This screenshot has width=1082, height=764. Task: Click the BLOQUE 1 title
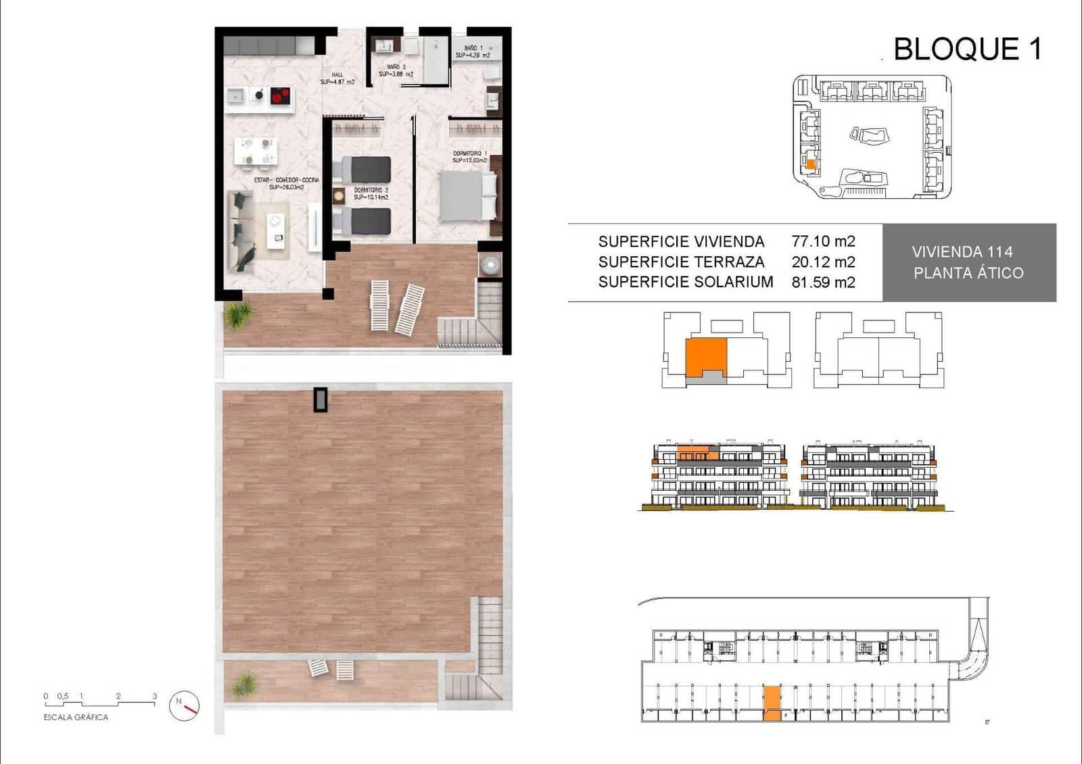click(x=967, y=49)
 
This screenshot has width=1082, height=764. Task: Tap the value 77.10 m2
click(x=823, y=241)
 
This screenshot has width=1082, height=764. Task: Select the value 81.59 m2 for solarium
click(x=823, y=282)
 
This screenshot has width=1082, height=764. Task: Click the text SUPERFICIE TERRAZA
click(x=681, y=262)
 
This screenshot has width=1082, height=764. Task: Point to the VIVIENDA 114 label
click(x=962, y=252)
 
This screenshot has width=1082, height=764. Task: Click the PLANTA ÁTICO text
click(x=968, y=273)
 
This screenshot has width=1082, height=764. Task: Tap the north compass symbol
click(x=185, y=705)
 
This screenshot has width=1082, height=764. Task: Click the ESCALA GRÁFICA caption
click(x=76, y=717)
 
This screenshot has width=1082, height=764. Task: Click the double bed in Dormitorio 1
click(x=467, y=195)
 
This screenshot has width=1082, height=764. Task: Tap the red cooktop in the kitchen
click(x=280, y=96)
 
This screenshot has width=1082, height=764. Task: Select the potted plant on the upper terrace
click(x=238, y=314)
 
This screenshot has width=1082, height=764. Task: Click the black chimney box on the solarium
click(x=320, y=400)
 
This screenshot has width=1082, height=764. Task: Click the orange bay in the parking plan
click(x=772, y=704)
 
